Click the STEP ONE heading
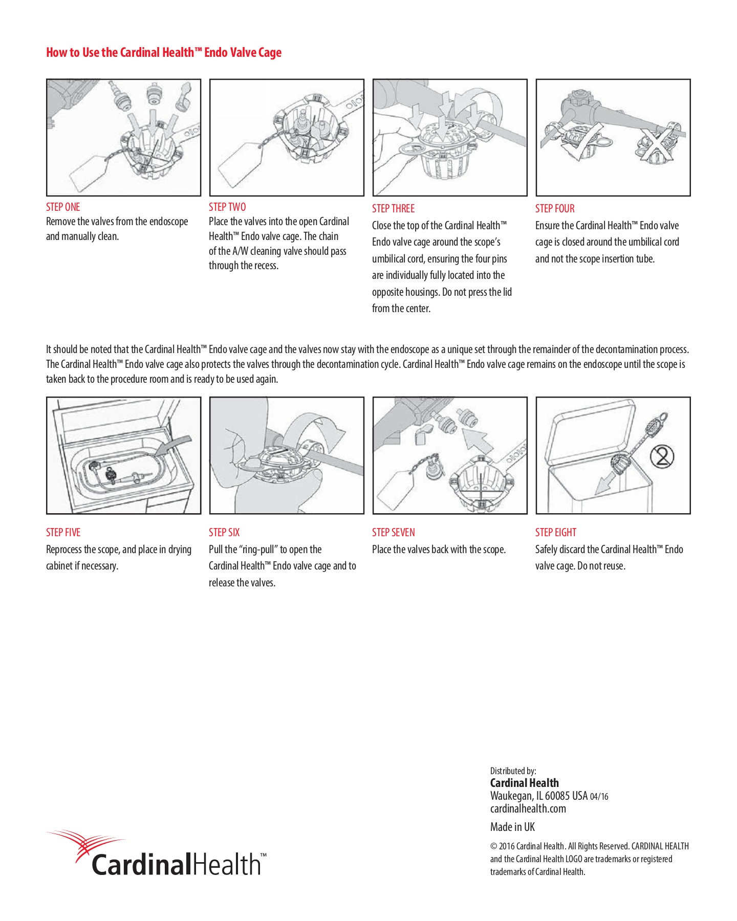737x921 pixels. pos(63,207)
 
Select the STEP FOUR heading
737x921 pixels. pos(555,208)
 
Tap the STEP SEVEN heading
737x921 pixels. pos(393,532)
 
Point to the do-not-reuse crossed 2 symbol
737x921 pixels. pos(662,456)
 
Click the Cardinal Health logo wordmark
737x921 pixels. pos(177,864)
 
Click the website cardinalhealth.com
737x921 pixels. pos(528,809)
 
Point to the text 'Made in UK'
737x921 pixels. pos(512,827)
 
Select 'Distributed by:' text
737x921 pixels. pos(513,771)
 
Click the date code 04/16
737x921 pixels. pos(599,797)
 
